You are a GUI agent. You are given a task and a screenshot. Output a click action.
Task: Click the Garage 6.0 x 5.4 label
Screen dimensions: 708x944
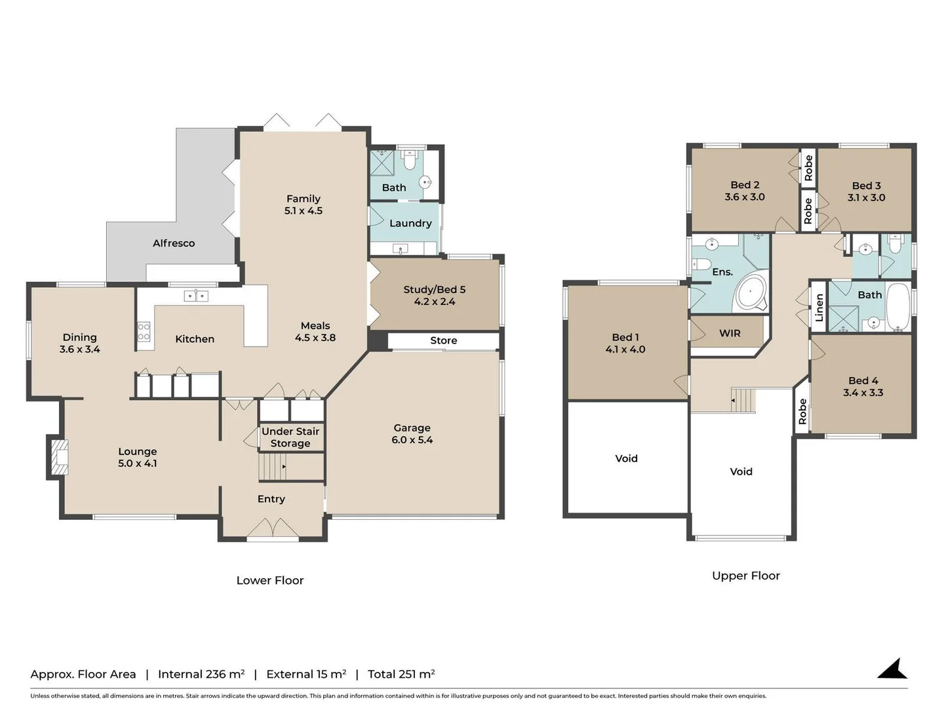[x=412, y=434]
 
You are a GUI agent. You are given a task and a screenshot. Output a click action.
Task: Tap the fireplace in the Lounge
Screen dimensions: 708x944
[x=58, y=456]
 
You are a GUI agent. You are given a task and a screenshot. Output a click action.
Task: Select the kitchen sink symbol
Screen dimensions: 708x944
[x=196, y=296]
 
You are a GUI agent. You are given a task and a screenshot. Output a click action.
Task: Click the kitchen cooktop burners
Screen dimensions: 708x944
[x=144, y=332]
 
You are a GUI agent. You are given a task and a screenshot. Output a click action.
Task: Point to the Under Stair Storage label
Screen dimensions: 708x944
[x=290, y=437]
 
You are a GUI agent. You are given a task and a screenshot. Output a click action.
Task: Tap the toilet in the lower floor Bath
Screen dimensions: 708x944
[x=410, y=159]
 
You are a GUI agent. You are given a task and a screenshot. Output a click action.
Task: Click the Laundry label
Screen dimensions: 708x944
[x=410, y=224]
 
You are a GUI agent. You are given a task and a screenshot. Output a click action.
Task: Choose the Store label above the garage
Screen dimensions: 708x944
[x=444, y=341]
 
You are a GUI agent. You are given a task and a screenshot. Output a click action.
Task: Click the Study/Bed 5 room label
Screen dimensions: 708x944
[x=435, y=296]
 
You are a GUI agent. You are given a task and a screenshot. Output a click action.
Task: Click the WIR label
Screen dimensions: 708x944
[x=730, y=333]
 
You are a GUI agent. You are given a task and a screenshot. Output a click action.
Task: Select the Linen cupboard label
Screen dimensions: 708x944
[x=819, y=307]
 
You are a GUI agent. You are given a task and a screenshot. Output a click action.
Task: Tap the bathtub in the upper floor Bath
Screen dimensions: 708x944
[x=897, y=307]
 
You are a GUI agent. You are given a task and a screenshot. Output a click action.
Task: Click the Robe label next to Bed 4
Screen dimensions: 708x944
[x=802, y=412]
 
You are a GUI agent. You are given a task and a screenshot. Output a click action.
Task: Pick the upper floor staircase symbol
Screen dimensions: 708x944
[x=743, y=399]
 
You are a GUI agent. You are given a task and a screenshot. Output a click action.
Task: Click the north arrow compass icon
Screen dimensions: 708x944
[x=893, y=669]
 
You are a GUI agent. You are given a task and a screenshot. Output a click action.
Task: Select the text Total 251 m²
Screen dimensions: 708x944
[x=401, y=675]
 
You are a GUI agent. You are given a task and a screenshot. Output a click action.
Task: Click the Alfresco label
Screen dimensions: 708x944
[x=174, y=243]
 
